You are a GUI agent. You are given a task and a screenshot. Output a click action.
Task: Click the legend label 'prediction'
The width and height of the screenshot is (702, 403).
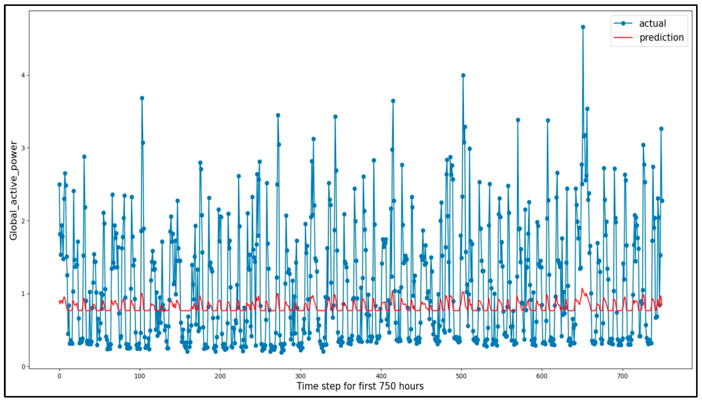661,37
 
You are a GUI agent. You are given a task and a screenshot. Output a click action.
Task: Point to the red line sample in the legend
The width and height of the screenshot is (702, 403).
623,37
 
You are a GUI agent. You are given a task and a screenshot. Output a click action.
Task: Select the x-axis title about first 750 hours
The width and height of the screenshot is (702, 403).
360,386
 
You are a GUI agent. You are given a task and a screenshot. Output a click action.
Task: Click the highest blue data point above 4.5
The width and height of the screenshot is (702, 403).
583,27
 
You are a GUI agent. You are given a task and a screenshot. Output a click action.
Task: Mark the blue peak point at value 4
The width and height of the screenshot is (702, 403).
463,75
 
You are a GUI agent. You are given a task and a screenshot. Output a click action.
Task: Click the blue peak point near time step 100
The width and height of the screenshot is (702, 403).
142,98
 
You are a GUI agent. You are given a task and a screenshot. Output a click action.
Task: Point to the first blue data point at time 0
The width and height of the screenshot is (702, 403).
60,185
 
